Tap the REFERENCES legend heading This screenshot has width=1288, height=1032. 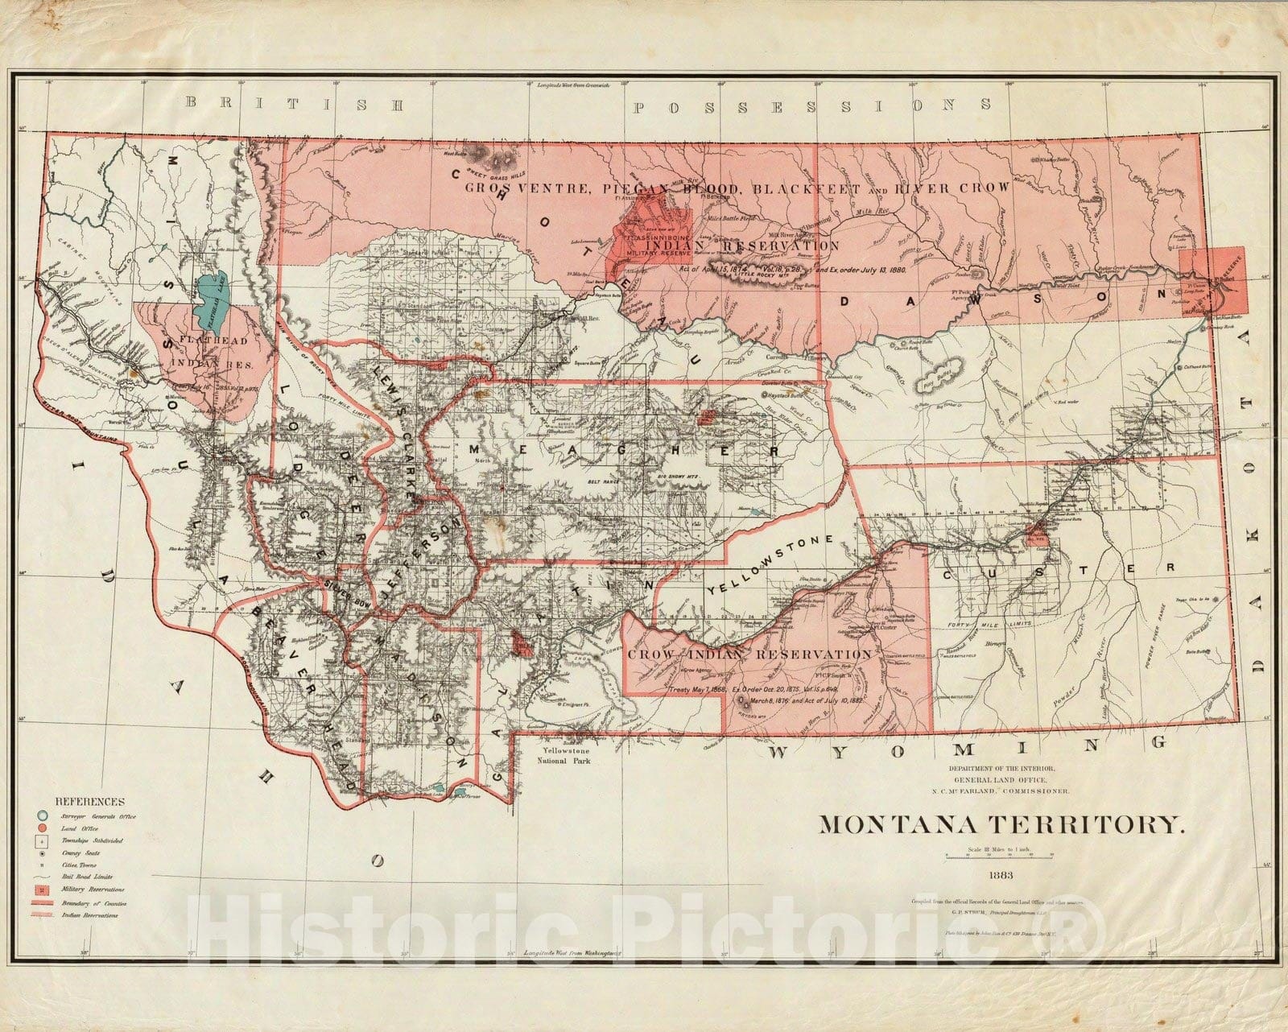click(x=89, y=802)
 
